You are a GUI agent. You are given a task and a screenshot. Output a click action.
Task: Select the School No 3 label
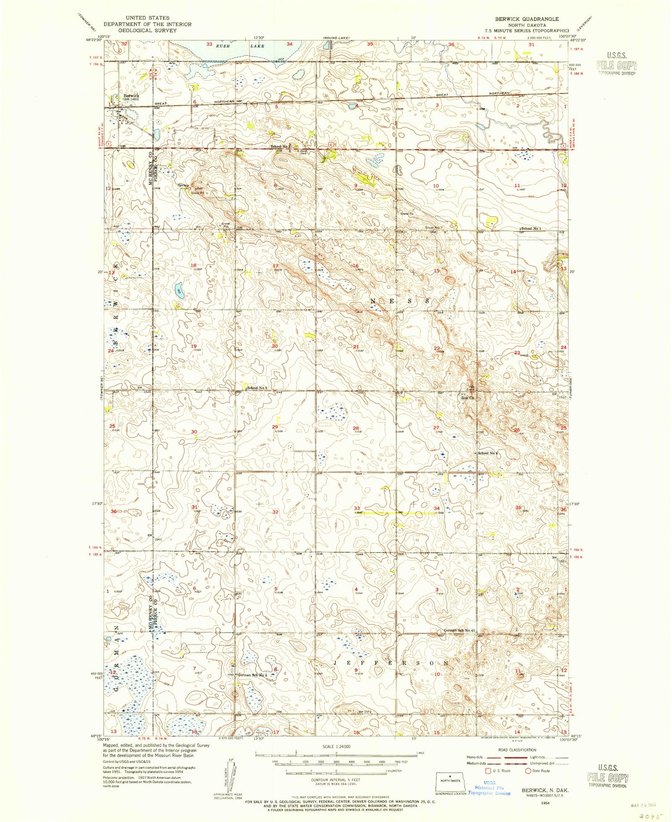click(x=258, y=388)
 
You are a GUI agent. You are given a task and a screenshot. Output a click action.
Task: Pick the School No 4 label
click(x=488, y=453)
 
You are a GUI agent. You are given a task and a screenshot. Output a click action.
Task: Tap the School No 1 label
click(x=530, y=228)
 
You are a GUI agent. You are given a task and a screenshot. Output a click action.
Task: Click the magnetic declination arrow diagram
click(x=229, y=777)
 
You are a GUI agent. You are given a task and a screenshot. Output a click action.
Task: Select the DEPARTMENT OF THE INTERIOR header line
click(x=147, y=24)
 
